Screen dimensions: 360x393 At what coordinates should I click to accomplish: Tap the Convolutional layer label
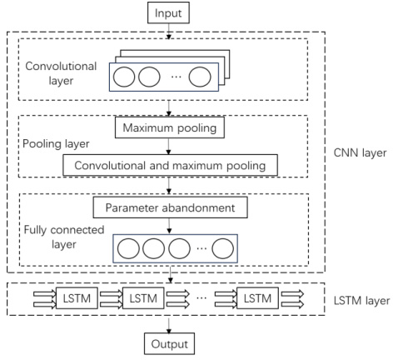(61, 72)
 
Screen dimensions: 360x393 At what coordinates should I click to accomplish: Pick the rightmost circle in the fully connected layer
(223, 248)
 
